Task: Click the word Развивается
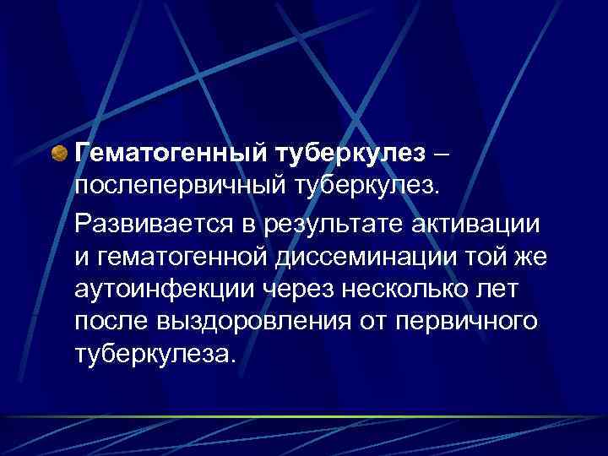(x=140, y=222)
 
